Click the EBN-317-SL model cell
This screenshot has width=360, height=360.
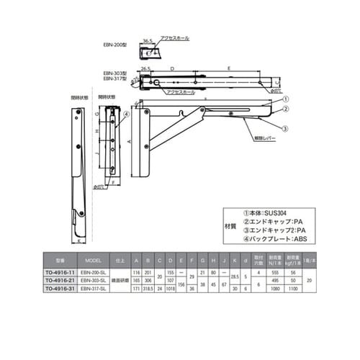93,289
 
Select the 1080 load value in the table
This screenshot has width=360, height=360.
274,289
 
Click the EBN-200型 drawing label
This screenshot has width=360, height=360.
114,45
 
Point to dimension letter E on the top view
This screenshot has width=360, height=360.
229,68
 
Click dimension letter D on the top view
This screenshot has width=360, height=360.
174,68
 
